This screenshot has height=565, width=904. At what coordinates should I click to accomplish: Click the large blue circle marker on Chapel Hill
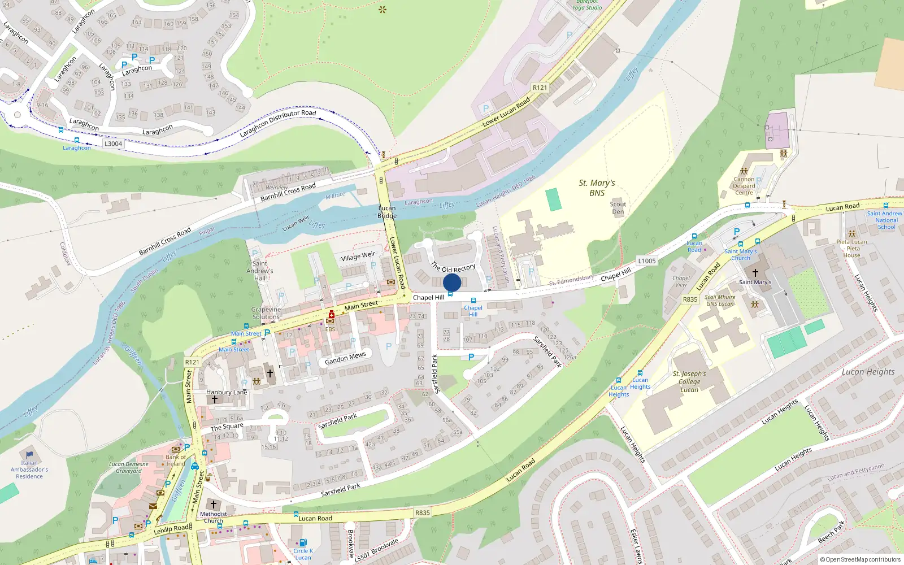[x=452, y=283]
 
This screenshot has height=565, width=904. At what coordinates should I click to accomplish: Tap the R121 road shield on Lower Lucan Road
[x=540, y=88]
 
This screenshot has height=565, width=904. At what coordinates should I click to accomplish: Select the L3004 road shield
[x=113, y=144]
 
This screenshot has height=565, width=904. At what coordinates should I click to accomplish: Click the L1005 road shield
[x=647, y=260]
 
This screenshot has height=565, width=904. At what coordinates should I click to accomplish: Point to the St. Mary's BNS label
[x=597, y=188]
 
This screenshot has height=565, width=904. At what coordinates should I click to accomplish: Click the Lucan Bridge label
[x=387, y=212]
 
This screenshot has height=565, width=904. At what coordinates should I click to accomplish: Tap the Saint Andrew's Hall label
[x=260, y=271]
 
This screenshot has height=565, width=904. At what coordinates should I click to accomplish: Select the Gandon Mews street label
[x=345, y=358]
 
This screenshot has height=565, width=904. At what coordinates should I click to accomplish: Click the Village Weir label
[x=358, y=257]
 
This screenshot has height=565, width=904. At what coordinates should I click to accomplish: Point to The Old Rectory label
[x=453, y=267]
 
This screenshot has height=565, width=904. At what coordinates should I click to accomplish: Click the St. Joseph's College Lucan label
[x=689, y=381]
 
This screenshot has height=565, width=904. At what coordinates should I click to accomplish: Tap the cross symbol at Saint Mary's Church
[x=755, y=272]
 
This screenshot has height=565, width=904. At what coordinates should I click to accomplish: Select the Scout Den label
[x=618, y=208]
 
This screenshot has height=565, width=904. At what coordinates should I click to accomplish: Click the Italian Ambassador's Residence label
[x=29, y=470]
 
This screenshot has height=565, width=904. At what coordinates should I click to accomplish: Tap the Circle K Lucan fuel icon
[x=303, y=543]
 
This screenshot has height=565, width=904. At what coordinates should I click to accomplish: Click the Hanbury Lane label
[x=227, y=392]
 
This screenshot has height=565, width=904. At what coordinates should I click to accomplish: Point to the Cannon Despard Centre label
[x=744, y=186]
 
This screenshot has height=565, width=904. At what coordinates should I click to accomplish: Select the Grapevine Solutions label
[x=266, y=313]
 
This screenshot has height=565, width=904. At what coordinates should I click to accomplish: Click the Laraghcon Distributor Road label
[x=278, y=123]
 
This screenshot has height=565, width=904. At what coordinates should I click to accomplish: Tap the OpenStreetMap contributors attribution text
[x=860, y=559]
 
